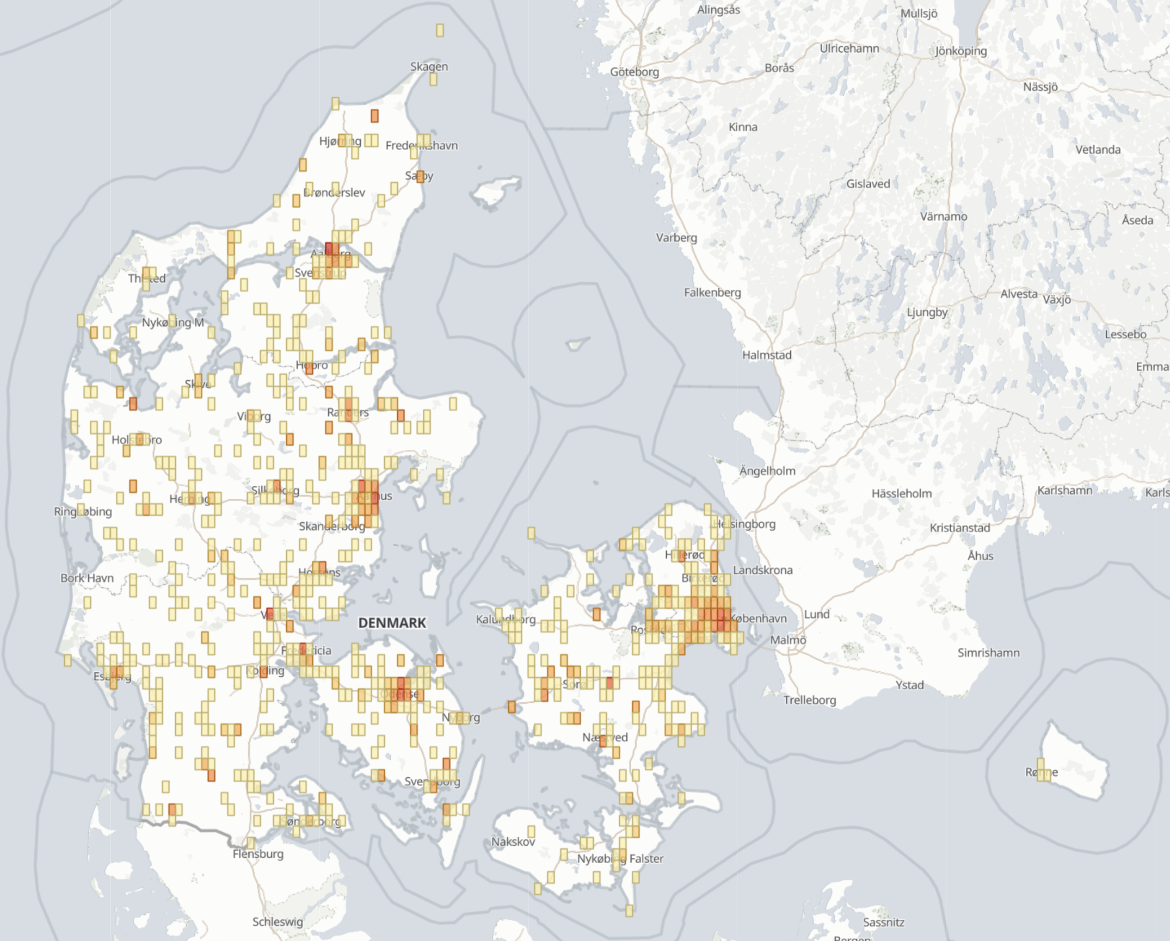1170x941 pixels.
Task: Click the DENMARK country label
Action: pyautogui.click(x=392, y=623)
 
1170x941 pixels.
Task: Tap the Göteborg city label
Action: pyautogui.click(x=634, y=72)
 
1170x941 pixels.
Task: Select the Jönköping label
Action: pyautogui.click(x=960, y=51)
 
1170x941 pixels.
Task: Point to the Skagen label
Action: pyautogui.click(x=429, y=66)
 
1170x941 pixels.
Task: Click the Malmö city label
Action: pyautogui.click(x=787, y=640)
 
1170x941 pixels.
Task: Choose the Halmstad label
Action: pyautogui.click(x=767, y=355)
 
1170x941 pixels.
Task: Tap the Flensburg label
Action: pyautogui.click(x=258, y=854)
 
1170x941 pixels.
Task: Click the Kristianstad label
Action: pyautogui.click(x=959, y=528)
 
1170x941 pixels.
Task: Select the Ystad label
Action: pyautogui.click(x=909, y=685)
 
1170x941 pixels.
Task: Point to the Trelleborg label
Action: pyautogui.click(x=809, y=700)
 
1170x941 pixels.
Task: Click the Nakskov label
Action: pyautogui.click(x=513, y=842)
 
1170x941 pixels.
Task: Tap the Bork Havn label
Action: pyautogui.click(x=87, y=578)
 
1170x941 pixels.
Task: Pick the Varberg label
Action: pyautogui.click(x=676, y=238)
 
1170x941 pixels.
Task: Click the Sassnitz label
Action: pyautogui.click(x=883, y=923)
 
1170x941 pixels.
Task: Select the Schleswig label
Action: pyautogui.click(x=278, y=922)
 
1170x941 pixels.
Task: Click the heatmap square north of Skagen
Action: pyautogui.click(x=440, y=30)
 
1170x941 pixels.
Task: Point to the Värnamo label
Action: pyautogui.click(x=943, y=216)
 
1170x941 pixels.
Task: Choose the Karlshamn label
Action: pyautogui.click(x=1064, y=491)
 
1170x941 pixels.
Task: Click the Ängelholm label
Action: pyautogui.click(x=767, y=471)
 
